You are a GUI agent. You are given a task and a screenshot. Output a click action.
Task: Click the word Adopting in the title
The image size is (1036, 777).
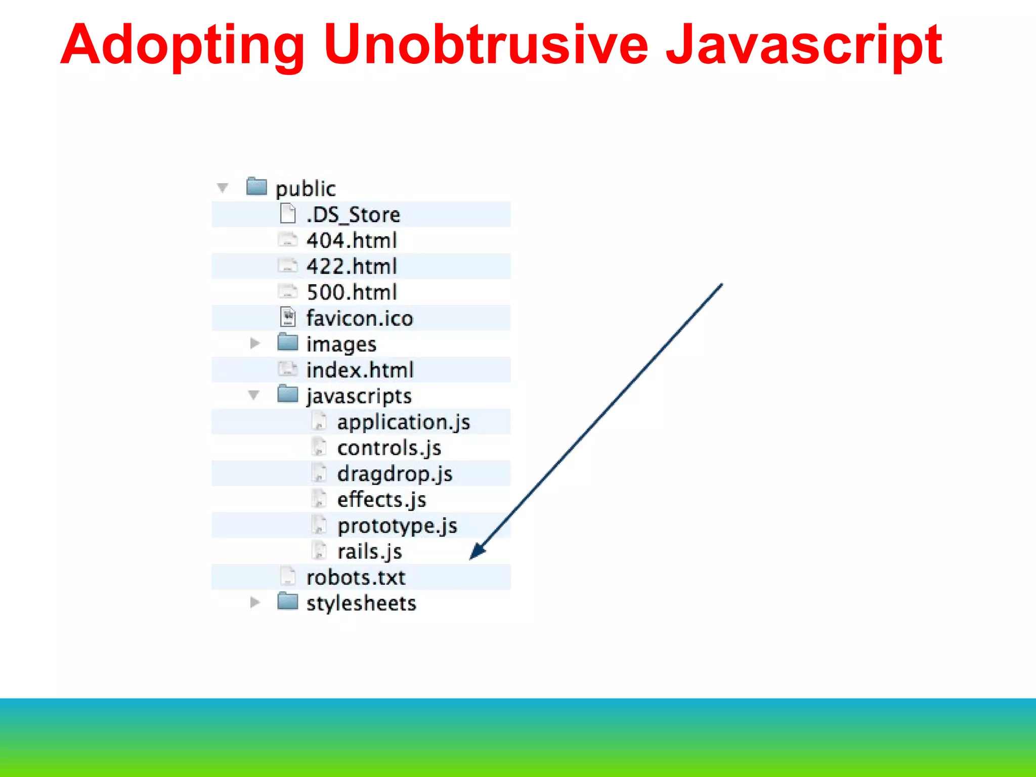pos(182,46)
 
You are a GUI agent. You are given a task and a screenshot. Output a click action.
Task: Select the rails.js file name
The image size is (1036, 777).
pos(370,551)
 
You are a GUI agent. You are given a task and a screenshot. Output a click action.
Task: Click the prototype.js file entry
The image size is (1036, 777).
pos(398,526)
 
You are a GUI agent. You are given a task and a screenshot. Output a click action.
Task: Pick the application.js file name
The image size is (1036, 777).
pos(404,422)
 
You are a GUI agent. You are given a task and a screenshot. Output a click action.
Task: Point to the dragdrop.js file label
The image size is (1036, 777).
pos(395,474)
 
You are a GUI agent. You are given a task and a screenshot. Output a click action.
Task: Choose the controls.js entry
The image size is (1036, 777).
pos(389,448)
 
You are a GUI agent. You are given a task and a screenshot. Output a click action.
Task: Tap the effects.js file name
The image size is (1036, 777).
pos(382,500)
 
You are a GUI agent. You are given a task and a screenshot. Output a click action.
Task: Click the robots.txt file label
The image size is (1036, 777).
pos(356,577)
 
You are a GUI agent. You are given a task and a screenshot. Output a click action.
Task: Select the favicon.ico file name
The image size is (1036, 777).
pos(360,318)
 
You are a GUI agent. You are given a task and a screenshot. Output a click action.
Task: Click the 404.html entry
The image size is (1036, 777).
pos(352,240)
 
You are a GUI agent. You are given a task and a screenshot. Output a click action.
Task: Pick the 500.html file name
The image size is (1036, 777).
pos(352,292)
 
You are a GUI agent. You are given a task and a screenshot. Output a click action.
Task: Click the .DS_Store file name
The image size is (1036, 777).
pos(353,214)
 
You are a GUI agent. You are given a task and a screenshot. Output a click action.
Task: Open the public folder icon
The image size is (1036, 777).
pos(256,186)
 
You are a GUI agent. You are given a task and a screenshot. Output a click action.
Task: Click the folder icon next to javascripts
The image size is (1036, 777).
pos(288,394)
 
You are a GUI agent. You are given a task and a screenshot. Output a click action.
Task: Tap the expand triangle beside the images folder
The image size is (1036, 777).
pos(255,343)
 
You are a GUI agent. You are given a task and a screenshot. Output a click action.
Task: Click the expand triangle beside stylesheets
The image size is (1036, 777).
pos(255,602)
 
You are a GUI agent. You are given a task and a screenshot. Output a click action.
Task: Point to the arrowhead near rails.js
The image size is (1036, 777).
pos(477,552)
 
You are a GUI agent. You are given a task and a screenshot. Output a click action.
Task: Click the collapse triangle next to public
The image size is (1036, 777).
pos(223,188)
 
